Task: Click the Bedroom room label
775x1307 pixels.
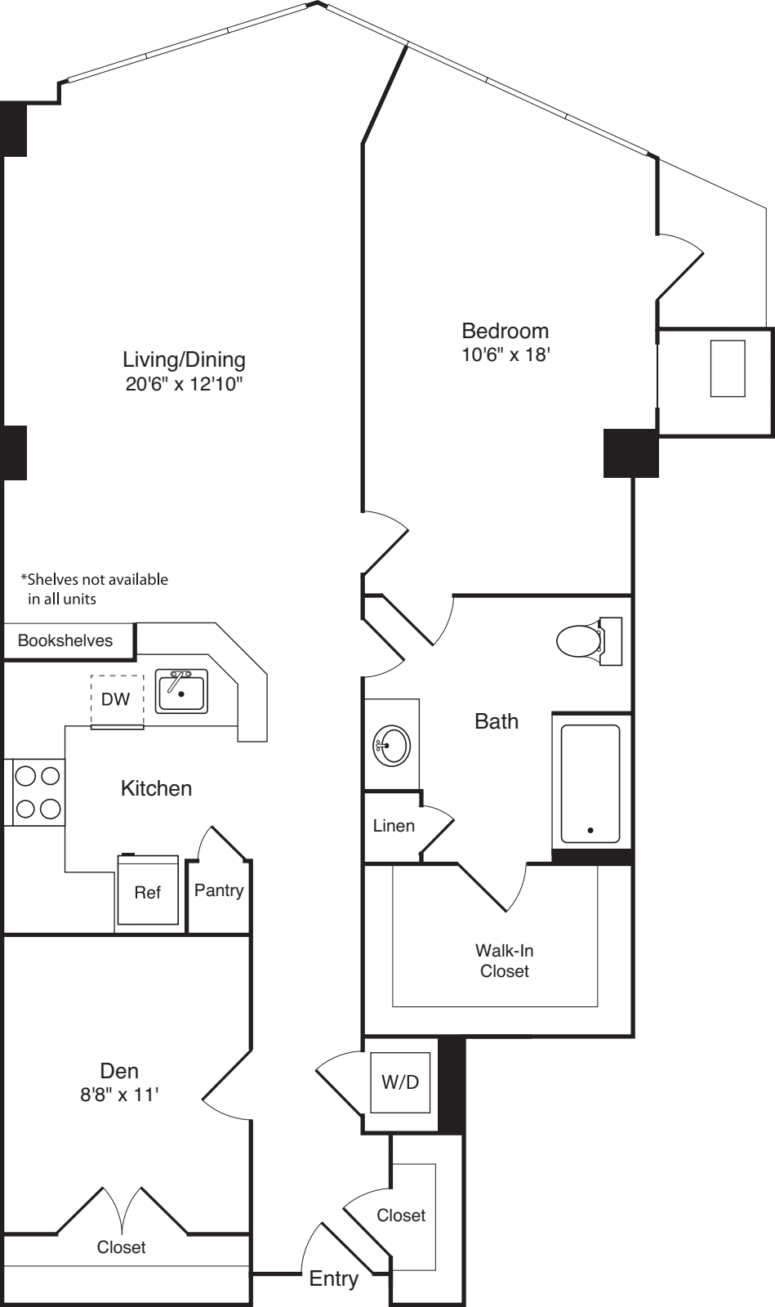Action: point(505,331)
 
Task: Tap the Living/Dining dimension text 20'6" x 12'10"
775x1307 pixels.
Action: point(185,385)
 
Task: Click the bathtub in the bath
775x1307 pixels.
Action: point(590,783)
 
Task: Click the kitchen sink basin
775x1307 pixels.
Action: point(181,692)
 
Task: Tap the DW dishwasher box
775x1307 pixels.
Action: point(116,699)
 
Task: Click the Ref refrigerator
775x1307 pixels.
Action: point(148,892)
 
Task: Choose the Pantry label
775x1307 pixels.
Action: point(219,890)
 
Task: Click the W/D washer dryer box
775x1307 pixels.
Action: point(400,1082)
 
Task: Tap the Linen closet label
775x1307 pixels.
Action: point(394,826)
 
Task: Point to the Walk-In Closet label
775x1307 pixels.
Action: point(504,961)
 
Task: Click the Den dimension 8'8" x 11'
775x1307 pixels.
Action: point(118,1095)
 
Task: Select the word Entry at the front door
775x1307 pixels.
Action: point(333,1278)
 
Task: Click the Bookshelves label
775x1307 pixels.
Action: point(65,640)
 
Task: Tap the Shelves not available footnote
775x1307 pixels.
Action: point(95,589)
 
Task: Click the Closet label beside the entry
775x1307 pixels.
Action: point(401,1216)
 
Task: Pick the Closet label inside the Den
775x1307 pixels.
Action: point(121,1247)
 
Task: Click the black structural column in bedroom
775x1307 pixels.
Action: point(630,453)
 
